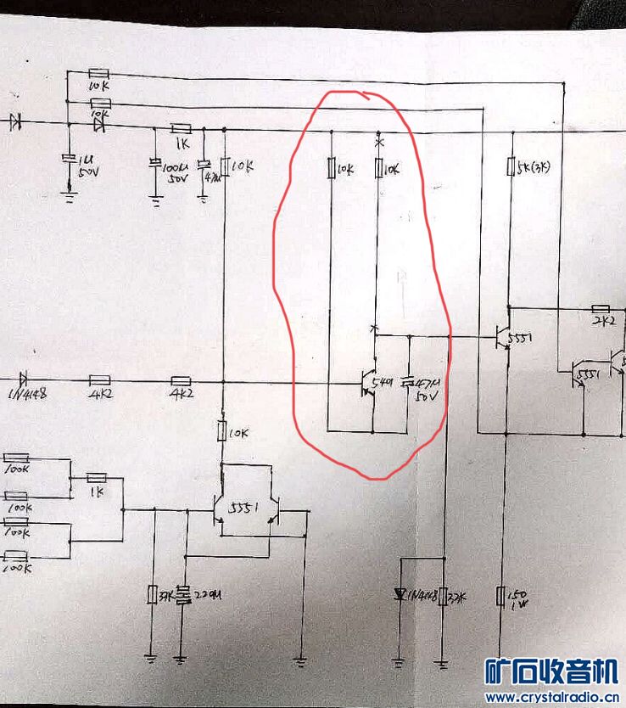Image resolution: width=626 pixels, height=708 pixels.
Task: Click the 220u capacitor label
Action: (x=200, y=596)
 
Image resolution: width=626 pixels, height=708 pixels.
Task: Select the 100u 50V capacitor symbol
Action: (x=155, y=163)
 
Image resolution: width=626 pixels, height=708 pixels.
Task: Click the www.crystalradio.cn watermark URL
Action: (x=551, y=697)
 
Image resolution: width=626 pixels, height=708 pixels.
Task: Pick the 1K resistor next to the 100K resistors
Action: (x=98, y=477)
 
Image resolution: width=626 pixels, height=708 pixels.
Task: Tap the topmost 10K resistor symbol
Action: (x=98, y=75)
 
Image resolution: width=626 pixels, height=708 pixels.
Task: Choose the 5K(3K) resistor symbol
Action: (x=510, y=166)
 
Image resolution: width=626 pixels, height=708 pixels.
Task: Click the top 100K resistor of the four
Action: (x=16, y=458)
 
